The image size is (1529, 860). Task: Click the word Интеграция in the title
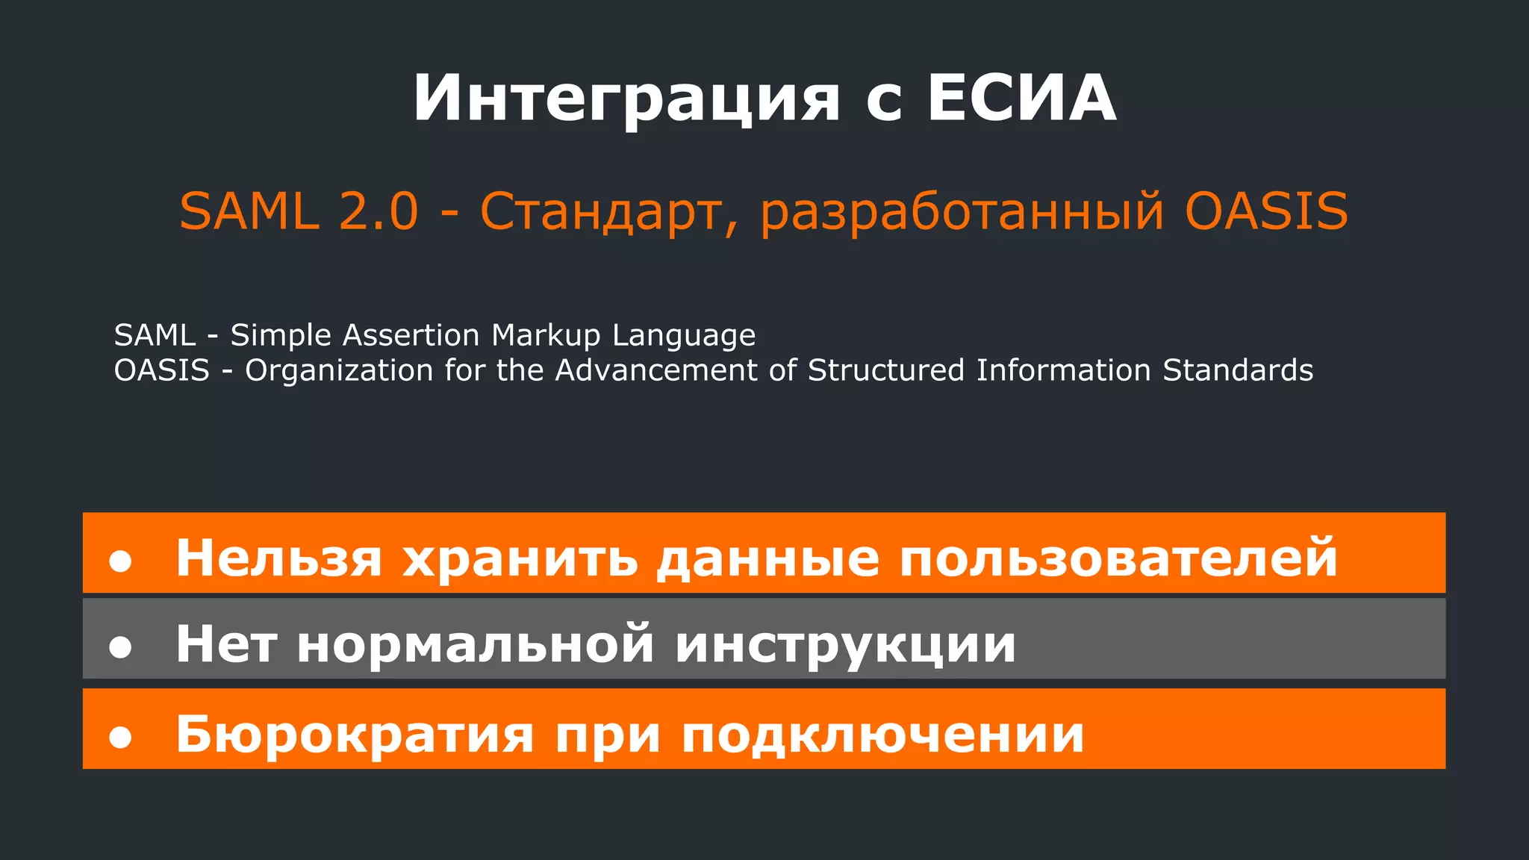pos(626,99)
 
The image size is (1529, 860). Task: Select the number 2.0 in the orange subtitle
pos(379,211)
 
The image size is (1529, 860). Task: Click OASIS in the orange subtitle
pos(1266,211)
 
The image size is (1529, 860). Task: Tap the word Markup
pos(546,336)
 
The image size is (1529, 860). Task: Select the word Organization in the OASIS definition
pos(339,371)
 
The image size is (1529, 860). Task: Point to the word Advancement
pos(656,370)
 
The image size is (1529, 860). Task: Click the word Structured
pos(886,370)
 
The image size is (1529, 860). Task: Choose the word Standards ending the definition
pos(1238,370)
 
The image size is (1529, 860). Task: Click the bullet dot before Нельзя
pos(120,561)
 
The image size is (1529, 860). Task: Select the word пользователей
pos(1118,558)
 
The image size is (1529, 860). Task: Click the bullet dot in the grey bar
pos(120,646)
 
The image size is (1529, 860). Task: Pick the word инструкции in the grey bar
pos(845,644)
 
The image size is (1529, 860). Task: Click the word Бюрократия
pos(355,735)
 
